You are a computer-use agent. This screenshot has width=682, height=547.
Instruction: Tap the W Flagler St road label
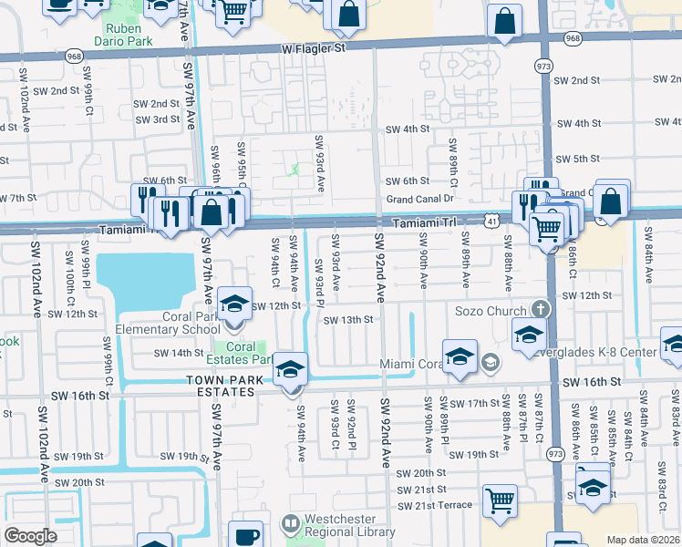pos(315,47)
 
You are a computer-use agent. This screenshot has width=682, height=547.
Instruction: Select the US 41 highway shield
pos(491,220)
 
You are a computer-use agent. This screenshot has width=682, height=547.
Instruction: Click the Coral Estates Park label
pos(242,353)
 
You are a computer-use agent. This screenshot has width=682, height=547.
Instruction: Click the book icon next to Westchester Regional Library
pos(290,524)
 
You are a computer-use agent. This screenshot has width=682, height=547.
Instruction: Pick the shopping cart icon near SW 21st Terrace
pos(499,501)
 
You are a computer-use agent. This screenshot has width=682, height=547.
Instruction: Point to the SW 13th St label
pos(344,319)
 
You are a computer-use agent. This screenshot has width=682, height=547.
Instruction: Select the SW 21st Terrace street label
pos(435,505)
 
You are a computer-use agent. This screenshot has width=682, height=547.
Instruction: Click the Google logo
pos(30,537)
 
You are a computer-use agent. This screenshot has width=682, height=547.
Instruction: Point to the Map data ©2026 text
pos(642,540)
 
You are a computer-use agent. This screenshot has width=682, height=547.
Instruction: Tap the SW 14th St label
pos(179,353)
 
